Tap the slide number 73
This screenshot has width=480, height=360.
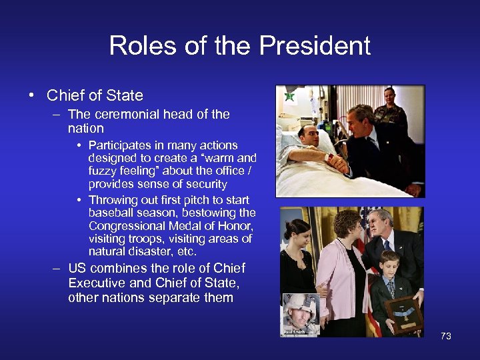[446, 336]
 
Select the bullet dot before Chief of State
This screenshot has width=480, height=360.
[32, 95]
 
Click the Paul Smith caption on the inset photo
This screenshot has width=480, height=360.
[295, 331]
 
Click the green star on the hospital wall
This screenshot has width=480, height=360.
[289, 97]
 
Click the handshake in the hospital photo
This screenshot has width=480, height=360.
[337, 161]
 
